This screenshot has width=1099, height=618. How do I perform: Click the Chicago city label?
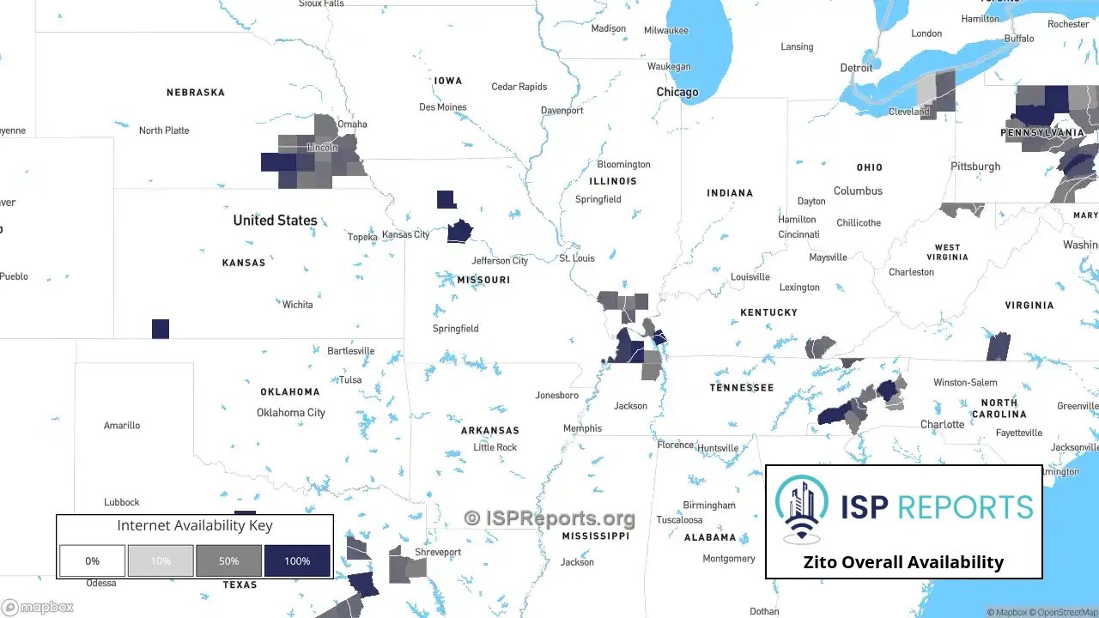[677, 92]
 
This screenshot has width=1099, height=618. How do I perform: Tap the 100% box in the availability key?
[297, 560]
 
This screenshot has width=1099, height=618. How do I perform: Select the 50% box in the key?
[228, 560]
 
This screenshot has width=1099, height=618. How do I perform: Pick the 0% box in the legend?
[92, 560]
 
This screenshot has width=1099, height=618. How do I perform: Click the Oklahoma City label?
[291, 412]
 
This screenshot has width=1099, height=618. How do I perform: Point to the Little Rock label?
[495, 447]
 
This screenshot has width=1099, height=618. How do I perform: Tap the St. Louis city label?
[577, 257]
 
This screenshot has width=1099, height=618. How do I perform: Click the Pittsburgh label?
[975, 166]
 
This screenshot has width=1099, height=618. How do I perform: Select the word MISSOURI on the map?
[483, 280]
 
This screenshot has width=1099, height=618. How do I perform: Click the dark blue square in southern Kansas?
[161, 329]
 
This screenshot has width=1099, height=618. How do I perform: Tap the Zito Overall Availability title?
[903, 562]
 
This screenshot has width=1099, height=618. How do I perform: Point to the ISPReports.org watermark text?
[549, 518]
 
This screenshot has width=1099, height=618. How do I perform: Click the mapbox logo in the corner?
[38, 607]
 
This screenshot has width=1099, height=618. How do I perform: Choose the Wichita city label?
[298, 305]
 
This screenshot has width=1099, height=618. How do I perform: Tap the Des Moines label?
[443, 107]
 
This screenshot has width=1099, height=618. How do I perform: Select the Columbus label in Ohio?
[858, 191]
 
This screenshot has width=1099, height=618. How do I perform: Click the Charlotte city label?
[942, 424]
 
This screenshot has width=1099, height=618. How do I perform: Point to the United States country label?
[275, 221]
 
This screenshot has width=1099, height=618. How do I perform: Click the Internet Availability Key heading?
[195, 525]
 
